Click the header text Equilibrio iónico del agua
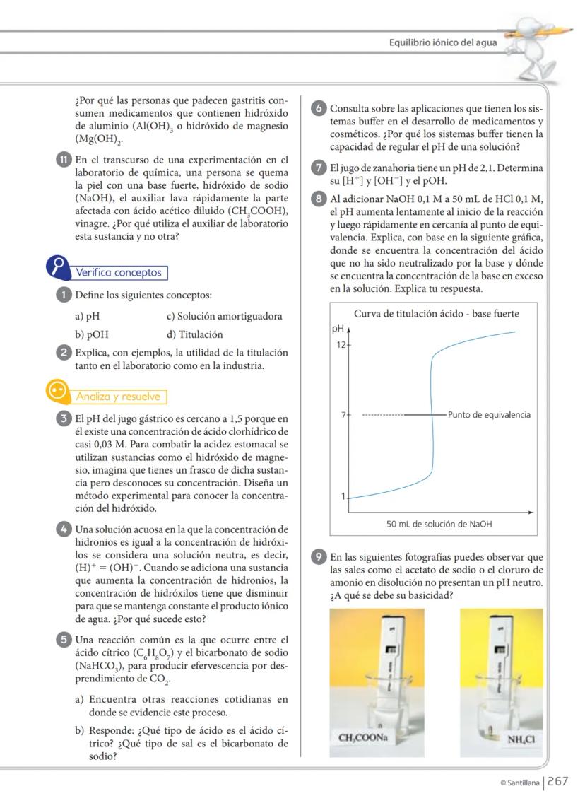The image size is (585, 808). point(443,42)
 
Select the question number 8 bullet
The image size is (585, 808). point(319,199)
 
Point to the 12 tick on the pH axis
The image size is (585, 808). point(340,344)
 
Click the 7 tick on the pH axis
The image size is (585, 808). point(343,415)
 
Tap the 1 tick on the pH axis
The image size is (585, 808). point(343,497)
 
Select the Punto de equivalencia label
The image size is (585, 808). point(489,415)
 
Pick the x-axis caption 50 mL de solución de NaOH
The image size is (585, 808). point(439,524)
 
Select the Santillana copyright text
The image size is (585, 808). point(519,782)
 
